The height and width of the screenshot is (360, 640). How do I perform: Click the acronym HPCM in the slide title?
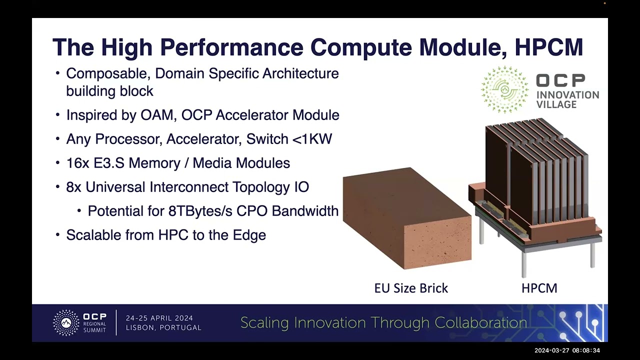pyautogui.click(x=549, y=47)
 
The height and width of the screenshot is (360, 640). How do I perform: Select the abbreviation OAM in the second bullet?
pyautogui.click(x=157, y=115)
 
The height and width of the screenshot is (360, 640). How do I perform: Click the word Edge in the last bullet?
pyautogui.click(x=249, y=235)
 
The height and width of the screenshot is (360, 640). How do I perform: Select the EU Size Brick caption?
pyautogui.click(x=411, y=288)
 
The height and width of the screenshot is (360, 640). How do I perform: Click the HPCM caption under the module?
pyautogui.click(x=539, y=288)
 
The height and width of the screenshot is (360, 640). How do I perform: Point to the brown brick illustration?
pyautogui.click(x=407, y=218)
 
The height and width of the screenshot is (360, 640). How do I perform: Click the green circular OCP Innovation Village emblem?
pyautogui.click(x=504, y=89)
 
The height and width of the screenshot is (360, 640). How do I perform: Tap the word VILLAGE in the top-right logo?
pyautogui.click(x=556, y=104)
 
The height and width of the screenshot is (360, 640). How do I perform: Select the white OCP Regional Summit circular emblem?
pyautogui.click(x=66, y=323)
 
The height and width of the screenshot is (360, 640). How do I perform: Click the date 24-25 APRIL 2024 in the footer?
pyautogui.click(x=159, y=318)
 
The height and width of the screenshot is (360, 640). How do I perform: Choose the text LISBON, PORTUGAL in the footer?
pyautogui.click(x=163, y=327)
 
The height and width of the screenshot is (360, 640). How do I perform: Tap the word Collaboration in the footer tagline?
pyautogui.click(x=481, y=323)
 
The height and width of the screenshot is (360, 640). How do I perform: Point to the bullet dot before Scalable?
pyautogui.click(x=57, y=235)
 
